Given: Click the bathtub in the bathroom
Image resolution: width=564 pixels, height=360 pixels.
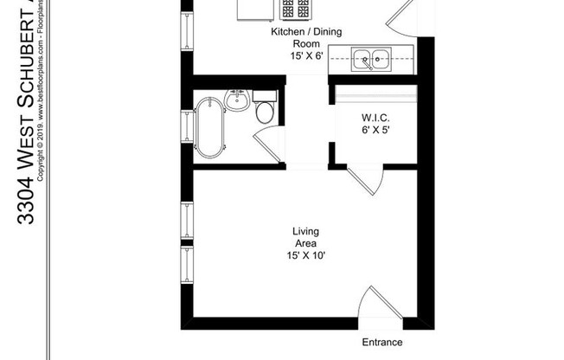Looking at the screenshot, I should coord(210,127).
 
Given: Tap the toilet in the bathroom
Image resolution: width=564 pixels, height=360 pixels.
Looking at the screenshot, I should coord(265,110).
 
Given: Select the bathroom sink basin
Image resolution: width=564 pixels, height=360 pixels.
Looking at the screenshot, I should coord(237,100).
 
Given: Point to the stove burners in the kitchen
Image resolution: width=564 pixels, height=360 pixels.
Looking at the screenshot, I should coord(296,9).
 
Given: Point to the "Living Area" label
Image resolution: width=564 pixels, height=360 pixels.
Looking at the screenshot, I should coord(305,237).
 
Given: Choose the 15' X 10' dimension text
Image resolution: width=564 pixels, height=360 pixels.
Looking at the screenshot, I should coord(305,255).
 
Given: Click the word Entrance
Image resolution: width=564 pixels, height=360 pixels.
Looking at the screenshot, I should coord(382,342).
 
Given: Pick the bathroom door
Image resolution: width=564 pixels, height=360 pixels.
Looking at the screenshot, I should coord(270,144).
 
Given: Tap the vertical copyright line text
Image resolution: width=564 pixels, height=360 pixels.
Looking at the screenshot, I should coord(40,95).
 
